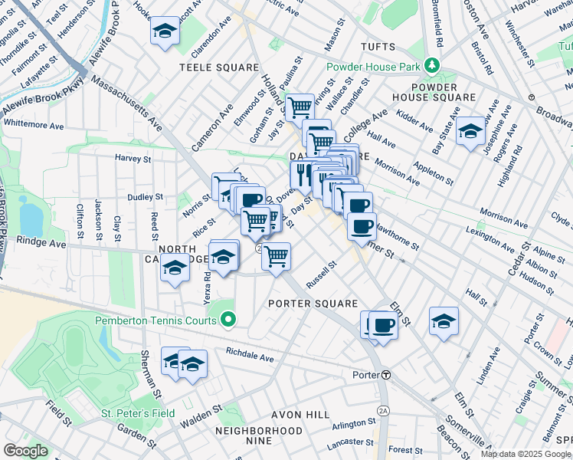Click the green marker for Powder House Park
tap(433, 67)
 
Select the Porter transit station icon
tap(387, 376)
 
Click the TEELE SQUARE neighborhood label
tap(219, 67)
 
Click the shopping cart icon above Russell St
tap(276, 257)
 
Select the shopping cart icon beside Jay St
tap(299, 108)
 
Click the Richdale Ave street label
tap(249, 357)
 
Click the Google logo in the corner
tap(26, 451)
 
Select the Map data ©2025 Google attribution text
tap(526, 454)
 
